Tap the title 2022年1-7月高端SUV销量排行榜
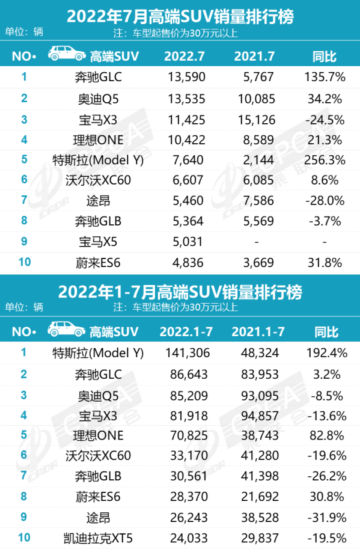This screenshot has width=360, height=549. (x=180, y=292)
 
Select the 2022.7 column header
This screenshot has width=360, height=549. (x=184, y=57)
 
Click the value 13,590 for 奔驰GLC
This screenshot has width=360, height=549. (x=184, y=77)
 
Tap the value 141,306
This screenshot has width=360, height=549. (x=184, y=353)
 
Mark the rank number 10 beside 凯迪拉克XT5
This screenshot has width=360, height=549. (x=24, y=538)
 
